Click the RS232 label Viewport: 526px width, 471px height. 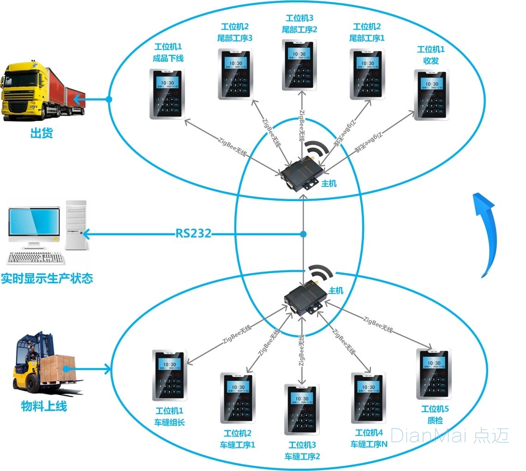tap(193, 233)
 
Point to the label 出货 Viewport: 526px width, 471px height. tap(42, 134)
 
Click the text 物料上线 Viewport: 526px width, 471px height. tap(44, 406)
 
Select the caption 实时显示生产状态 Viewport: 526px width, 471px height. tap(47, 279)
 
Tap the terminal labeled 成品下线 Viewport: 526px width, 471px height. tap(167, 94)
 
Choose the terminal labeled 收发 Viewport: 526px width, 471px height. tap(431, 95)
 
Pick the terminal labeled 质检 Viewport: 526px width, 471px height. tap(434, 374)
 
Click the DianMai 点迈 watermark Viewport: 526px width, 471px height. tap(450, 435)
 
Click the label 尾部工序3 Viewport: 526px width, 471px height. tap(235, 38)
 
